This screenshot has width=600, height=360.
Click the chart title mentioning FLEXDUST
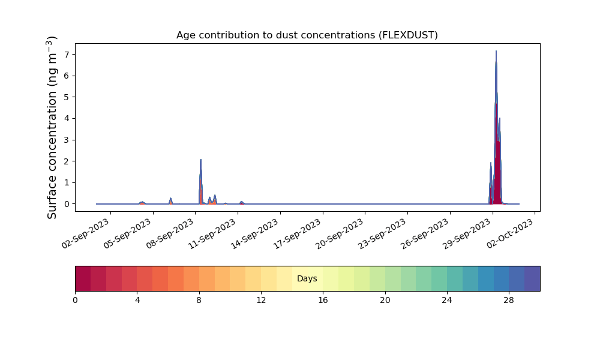(x=307, y=35)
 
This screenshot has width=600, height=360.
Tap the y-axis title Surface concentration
(x=52, y=127)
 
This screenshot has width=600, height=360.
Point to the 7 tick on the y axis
(x=67, y=55)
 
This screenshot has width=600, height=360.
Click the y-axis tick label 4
(x=67, y=119)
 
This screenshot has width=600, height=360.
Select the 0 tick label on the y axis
(x=67, y=204)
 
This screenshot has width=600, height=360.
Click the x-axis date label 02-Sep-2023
(x=85, y=233)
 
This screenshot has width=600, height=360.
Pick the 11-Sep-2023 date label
(x=212, y=233)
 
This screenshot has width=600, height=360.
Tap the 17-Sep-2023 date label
(x=298, y=233)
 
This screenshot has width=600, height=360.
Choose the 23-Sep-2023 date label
(x=382, y=233)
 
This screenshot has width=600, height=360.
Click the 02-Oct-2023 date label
(x=510, y=233)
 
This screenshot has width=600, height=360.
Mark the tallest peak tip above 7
(x=496, y=51)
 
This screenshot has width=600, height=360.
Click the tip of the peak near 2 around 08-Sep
(x=200, y=160)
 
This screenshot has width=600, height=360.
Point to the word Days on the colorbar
(x=307, y=278)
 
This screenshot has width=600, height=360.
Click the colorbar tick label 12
(x=261, y=301)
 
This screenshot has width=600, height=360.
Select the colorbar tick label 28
(x=509, y=301)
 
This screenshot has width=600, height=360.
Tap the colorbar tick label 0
(x=75, y=301)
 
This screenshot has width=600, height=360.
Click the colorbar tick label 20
(x=385, y=301)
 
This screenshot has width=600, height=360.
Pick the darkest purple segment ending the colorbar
(x=532, y=278)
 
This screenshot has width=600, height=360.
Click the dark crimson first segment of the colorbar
(x=83, y=278)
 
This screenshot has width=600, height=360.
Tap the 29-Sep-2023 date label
(x=467, y=233)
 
